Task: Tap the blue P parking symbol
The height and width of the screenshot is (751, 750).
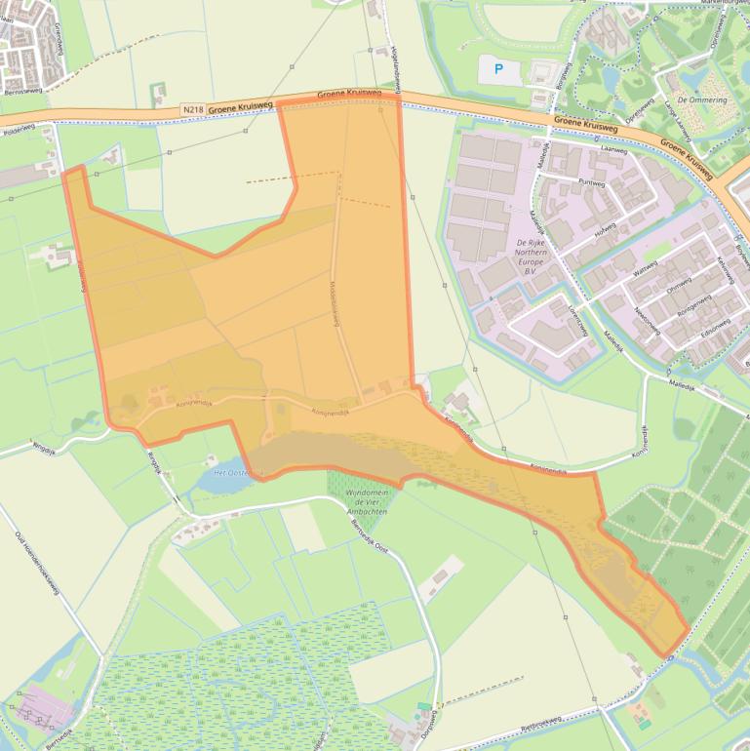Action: (499, 70)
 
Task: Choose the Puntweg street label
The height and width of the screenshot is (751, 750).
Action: (591, 183)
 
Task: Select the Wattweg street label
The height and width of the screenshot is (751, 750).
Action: (646, 268)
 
